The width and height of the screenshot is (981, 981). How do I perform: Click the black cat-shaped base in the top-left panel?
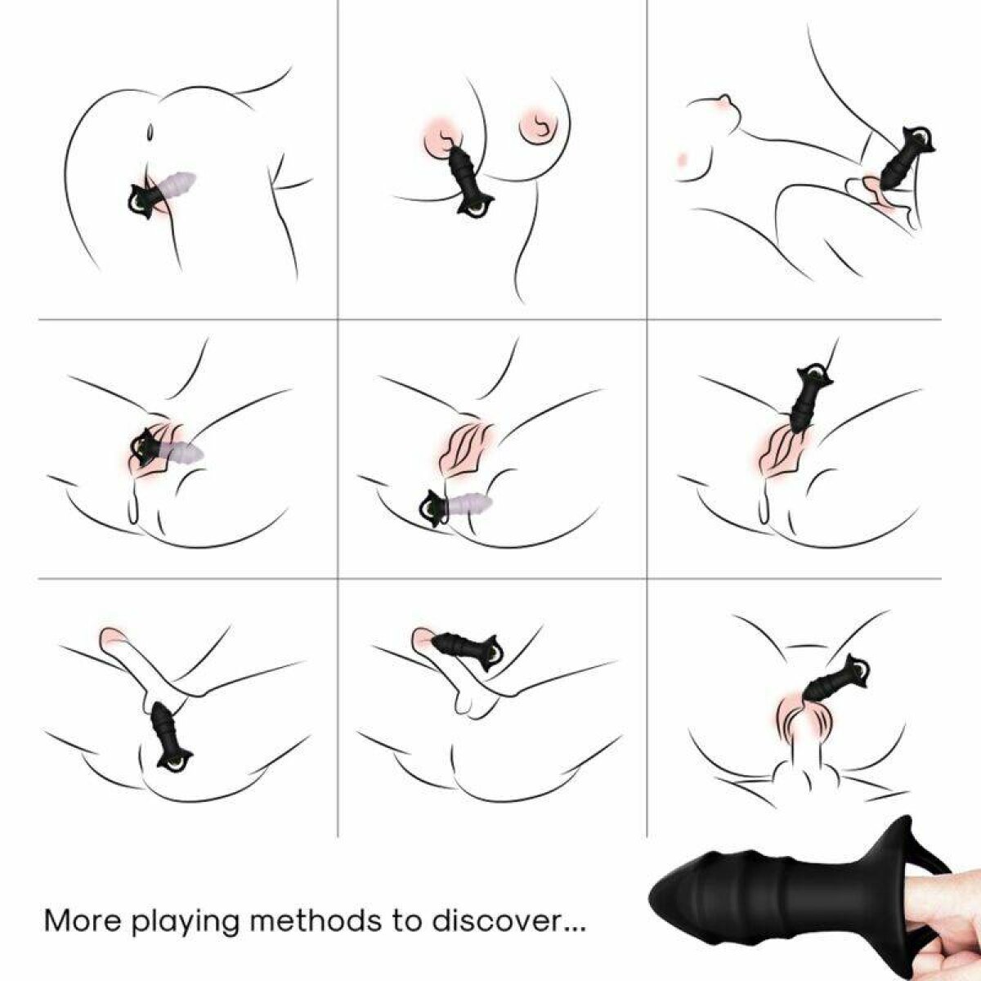[143, 202]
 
